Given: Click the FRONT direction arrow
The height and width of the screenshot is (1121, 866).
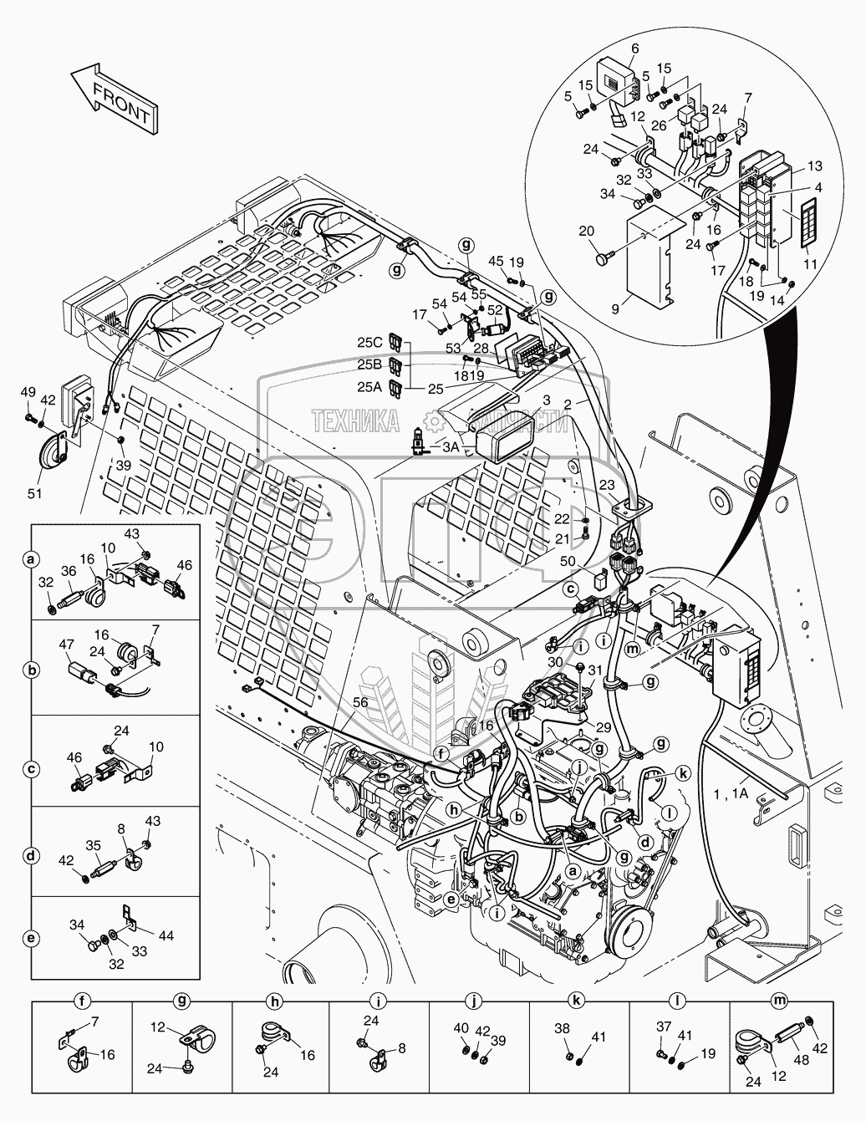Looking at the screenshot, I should (x=113, y=99).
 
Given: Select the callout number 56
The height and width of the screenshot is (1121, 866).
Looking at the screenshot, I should (x=359, y=704).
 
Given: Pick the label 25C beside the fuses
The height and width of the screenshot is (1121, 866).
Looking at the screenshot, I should (x=370, y=342).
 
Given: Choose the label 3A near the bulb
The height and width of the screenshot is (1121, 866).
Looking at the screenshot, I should (x=450, y=447).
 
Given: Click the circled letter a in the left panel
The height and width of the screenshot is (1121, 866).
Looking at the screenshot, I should (x=31, y=558).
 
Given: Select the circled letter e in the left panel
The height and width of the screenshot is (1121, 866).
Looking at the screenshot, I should (x=31, y=937).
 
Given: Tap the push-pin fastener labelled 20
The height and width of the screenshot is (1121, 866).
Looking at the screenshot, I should (x=600, y=260).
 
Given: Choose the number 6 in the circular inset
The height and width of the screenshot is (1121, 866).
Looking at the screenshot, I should (x=634, y=48).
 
